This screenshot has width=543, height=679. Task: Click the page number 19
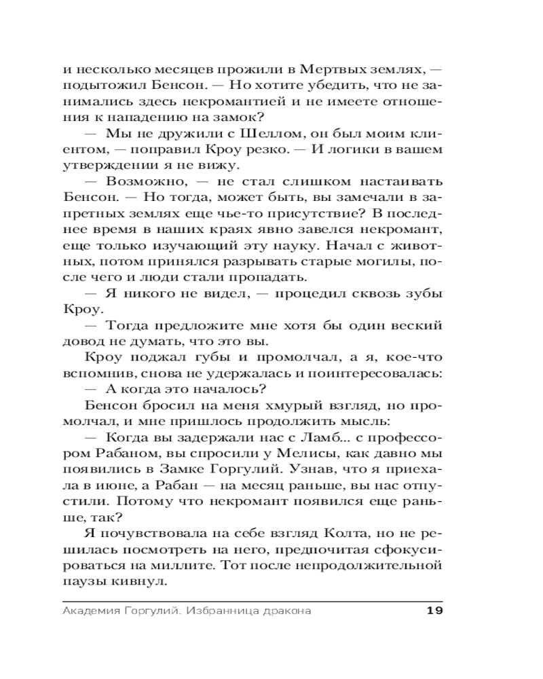point(434,610)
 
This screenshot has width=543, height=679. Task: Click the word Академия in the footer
point(89,610)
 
